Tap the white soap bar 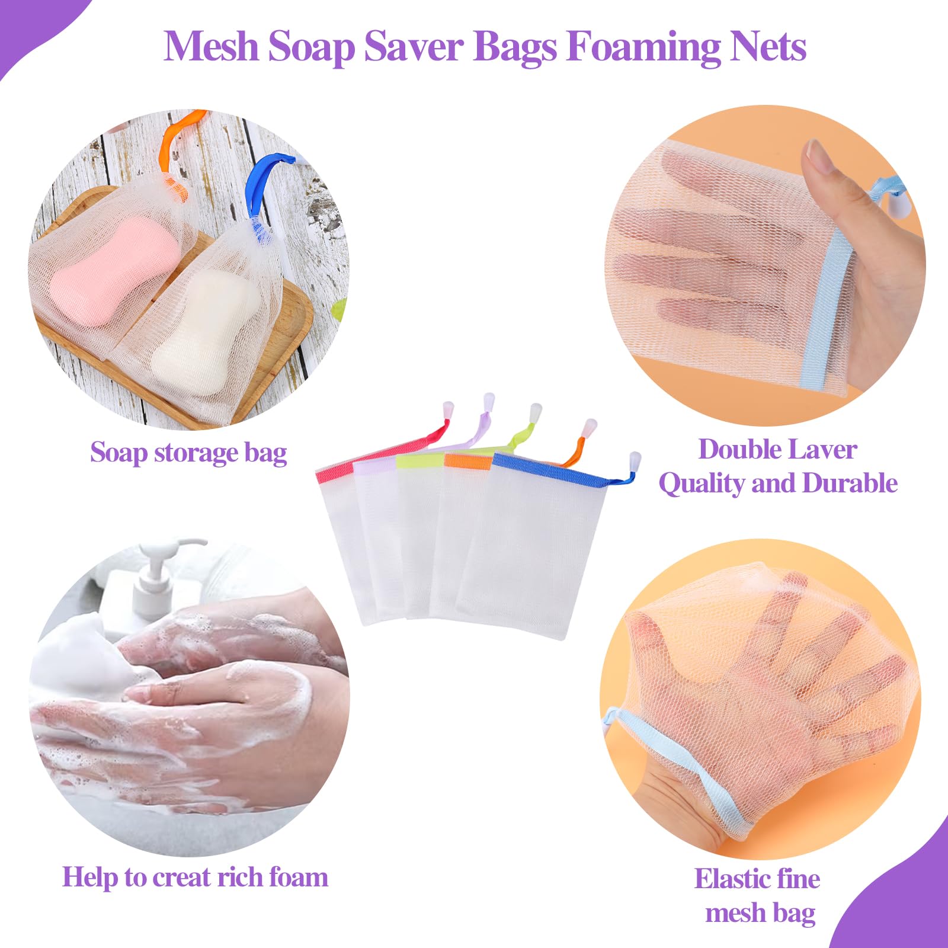pos(204,329)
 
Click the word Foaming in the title pos(643,46)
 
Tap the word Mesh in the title pos(211,46)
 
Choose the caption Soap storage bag pos(188,453)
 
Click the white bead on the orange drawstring pos(590,427)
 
